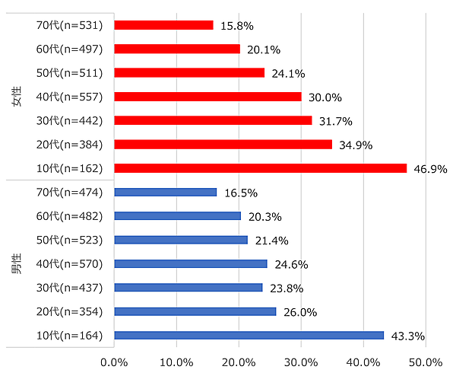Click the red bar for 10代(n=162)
tap(260, 168)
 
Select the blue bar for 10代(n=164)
tap(249, 335)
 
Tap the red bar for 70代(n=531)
tap(163, 25)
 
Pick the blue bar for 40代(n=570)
tap(191, 263)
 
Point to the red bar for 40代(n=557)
tap(207, 97)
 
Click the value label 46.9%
tap(429, 168)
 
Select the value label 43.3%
tap(407, 336)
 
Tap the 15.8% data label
tap(236, 26)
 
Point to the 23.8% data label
tap(286, 288)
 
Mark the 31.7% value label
tap(336, 121)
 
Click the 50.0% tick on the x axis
tap(426, 361)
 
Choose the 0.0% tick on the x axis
tap(115, 361)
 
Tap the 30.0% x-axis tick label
tap(301, 361)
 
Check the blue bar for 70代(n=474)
tap(166, 192)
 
